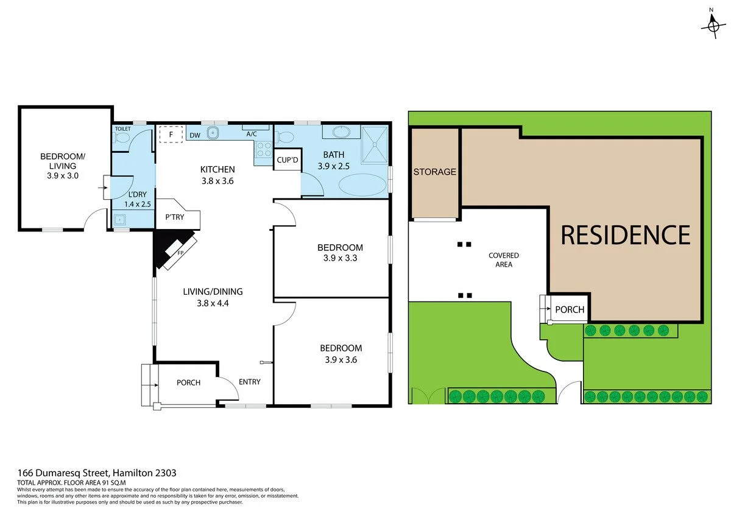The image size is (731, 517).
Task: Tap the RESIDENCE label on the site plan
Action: pos(626,235)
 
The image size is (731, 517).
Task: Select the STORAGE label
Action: pos(435,172)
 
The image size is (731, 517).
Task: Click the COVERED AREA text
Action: pos(504,260)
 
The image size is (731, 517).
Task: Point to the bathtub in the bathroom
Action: pos(362,185)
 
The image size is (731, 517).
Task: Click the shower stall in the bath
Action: pos(375,145)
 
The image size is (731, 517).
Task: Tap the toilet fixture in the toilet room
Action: pos(121,140)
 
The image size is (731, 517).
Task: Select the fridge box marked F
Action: pos(171,134)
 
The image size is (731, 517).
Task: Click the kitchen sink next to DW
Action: pos(213,133)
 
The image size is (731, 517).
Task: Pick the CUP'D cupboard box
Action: pos(287,161)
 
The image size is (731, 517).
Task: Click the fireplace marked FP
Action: pos(180,250)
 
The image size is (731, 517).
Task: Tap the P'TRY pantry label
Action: pos(174,217)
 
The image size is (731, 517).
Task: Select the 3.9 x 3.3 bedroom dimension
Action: pos(340,258)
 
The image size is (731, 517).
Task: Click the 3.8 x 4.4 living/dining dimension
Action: pos(213,302)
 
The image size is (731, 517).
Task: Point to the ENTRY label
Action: pos(250,382)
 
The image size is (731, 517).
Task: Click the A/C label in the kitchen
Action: pos(252,134)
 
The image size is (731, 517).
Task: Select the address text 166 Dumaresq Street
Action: pos(97,473)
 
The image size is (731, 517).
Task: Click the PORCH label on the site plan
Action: pos(570,310)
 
